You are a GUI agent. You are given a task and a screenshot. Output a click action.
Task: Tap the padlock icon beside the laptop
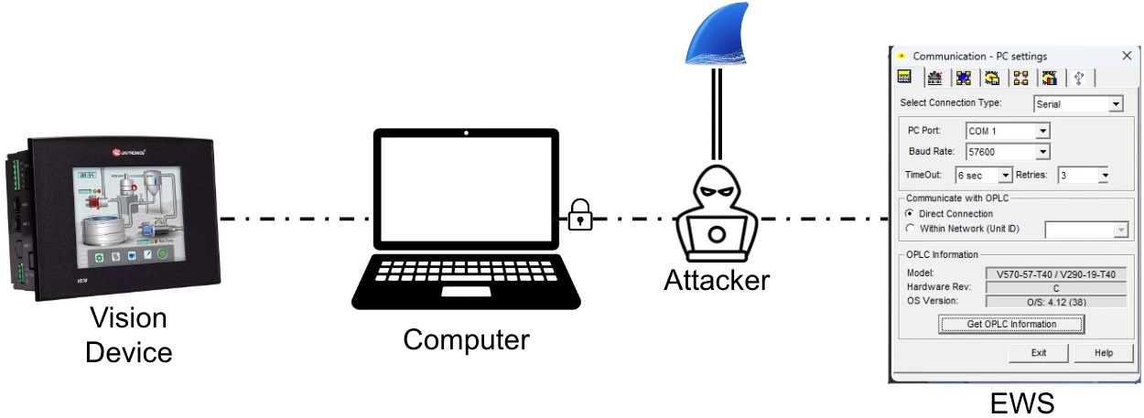pos(579,215)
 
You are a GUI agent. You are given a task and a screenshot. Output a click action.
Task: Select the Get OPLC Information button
pos(1011,324)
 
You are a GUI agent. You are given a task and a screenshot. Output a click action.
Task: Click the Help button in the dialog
pos(1104,352)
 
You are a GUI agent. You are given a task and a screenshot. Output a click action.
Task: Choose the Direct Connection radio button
pos(909,213)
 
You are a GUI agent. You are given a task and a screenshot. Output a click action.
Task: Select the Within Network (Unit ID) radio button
pos(909,229)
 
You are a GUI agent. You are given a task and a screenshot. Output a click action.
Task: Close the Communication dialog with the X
pos(1127,56)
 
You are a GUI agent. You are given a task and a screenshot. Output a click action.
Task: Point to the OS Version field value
pos(1055,301)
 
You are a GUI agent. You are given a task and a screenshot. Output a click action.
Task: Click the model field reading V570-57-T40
pos(1055,273)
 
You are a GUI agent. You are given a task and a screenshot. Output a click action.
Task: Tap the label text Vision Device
pos(128,335)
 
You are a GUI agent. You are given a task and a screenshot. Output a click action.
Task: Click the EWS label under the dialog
pos(1022,402)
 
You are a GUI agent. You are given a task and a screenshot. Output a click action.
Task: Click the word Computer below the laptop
pos(466,340)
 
